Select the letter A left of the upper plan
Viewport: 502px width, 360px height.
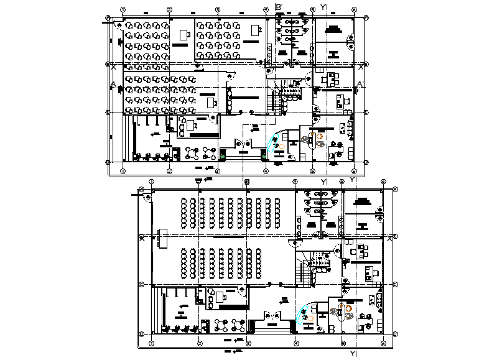click(x=113, y=85)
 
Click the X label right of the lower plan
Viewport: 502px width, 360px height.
click(x=390, y=238)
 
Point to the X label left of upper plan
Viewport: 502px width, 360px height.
click(x=113, y=65)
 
